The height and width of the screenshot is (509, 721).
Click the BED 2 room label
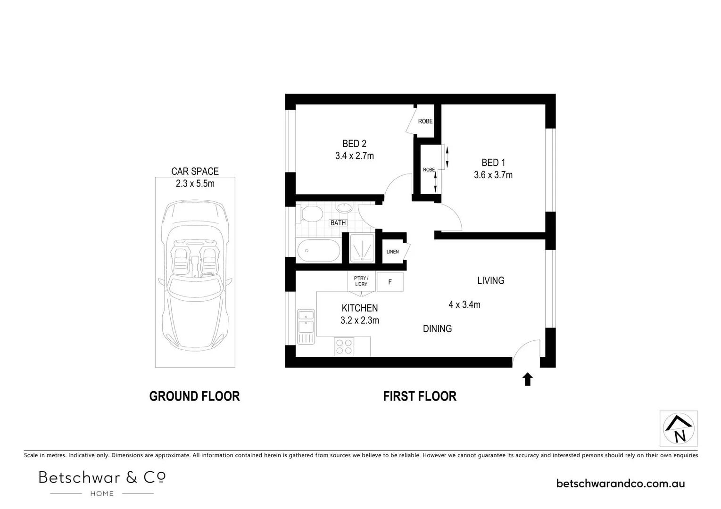[x=354, y=144]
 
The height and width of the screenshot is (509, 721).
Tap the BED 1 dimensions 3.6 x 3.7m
[x=493, y=175]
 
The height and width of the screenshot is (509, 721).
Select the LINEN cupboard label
[x=392, y=252]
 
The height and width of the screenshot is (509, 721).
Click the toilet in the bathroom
[x=309, y=213]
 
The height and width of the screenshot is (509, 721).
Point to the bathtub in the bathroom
[x=318, y=251]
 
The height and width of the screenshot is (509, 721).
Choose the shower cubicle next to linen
[x=362, y=248]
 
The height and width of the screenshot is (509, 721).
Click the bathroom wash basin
[x=345, y=207]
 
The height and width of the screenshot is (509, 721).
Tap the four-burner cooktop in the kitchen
[x=344, y=347]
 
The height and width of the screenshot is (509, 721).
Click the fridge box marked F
[x=390, y=282]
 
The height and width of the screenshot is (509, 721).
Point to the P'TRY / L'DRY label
[x=361, y=281]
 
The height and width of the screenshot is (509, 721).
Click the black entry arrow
[x=527, y=379]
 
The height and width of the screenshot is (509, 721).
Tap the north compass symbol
[x=678, y=428]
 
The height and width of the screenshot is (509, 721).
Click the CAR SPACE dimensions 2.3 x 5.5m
[x=195, y=184]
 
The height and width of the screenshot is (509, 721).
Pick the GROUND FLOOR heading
[x=194, y=396]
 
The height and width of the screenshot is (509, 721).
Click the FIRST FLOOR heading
[x=420, y=396]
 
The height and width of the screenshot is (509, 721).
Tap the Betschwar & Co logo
[x=102, y=482]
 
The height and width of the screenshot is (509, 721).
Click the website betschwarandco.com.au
[x=621, y=483]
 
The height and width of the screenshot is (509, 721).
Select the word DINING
[x=437, y=329]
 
